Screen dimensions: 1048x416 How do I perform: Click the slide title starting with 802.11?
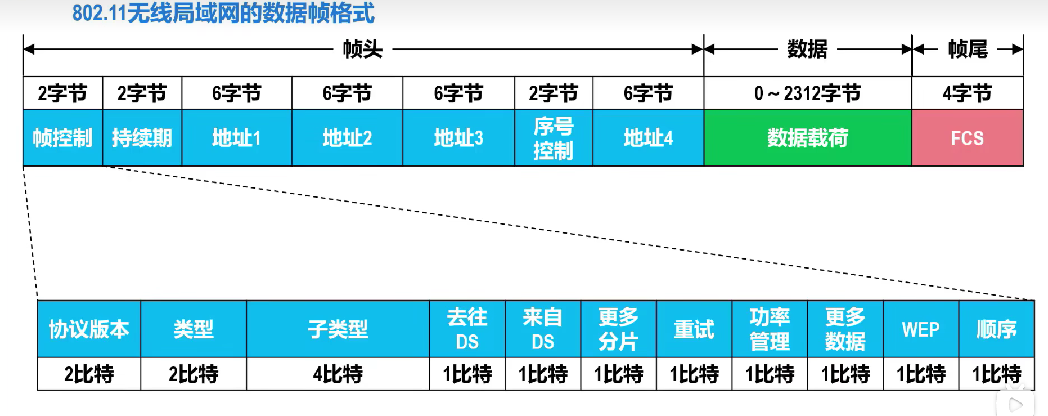click(223, 13)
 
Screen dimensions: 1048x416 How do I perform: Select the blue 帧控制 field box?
click(62, 138)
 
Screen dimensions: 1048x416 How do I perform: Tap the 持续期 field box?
click(142, 138)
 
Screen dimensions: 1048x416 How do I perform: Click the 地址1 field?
click(237, 138)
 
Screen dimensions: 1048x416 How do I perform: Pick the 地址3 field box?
click(458, 138)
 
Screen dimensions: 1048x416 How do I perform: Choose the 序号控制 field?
click(554, 138)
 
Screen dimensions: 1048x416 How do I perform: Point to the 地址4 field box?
click(648, 138)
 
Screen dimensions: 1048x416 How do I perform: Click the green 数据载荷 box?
click(808, 138)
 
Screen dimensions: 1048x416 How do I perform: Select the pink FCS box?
click(968, 138)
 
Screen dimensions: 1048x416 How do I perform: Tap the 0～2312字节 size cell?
click(808, 93)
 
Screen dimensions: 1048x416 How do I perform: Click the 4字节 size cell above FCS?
click(968, 93)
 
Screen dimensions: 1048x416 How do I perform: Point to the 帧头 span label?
click(363, 50)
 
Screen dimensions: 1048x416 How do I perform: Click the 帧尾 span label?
click(968, 50)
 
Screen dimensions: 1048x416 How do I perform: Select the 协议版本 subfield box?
click(89, 329)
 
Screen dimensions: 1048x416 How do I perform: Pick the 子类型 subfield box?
click(338, 329)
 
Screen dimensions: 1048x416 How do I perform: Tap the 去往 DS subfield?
click(467, 329)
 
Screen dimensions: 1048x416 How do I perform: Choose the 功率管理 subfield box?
click(770, 329)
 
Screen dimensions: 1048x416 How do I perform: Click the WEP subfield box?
click(921, 329)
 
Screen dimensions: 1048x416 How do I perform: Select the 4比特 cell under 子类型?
click(338, 374)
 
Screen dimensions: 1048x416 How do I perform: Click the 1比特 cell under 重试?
click(694, 374)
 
